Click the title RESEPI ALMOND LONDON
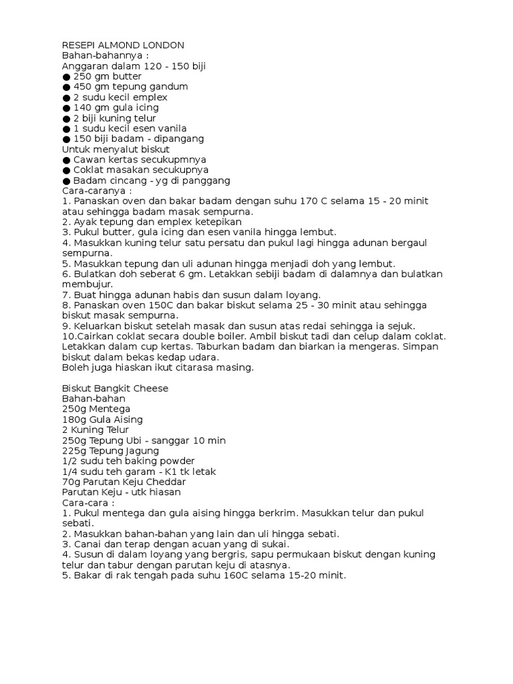click(123, 45)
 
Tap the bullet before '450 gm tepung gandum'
click(66, 87)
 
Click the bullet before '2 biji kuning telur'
click(66, 118)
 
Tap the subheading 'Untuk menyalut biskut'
click(116, 149)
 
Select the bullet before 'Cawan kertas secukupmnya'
click(66, 160)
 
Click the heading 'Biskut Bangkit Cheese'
click(115, 388)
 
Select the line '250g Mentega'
click(96, 409)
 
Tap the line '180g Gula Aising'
click(102, 419)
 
